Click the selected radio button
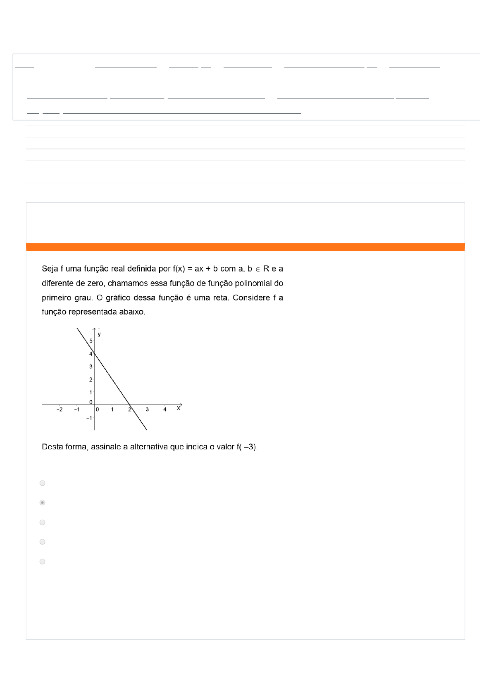point(42,502)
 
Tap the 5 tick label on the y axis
point(91,341)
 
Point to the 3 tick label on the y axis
point(91,367)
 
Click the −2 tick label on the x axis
point(60,410)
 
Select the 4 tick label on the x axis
point(165,410)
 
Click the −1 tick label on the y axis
point(89,418)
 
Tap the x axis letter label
point(179,408)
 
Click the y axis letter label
point(99,334)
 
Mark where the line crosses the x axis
point(130,405)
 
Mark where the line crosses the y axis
point(94,353)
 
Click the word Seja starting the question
point(50,269)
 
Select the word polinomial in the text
point(254,283)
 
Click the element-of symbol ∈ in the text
point(257,269)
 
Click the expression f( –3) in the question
point(247,447)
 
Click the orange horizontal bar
point(245,247)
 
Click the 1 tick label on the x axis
point(112,410)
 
